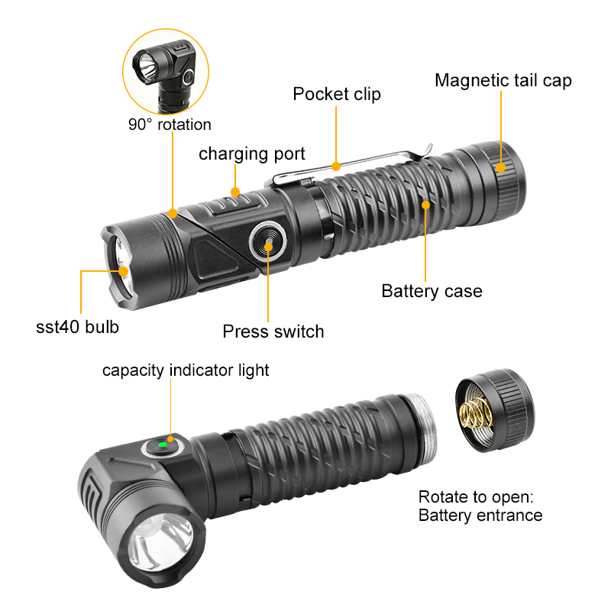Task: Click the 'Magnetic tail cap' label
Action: (x=503, y=80)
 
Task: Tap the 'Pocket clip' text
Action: (x=336, y=94)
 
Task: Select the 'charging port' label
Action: (x=252, y=154)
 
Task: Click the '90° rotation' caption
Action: (x=170, y=124)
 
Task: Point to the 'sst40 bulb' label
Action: (x=77, y=327)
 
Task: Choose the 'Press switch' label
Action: (x=273, y=331)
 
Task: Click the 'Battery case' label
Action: (x=432, y=291)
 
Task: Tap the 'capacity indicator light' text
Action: (x=186, y=370)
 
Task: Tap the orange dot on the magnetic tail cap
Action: (x=501, y=167)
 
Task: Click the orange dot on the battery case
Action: (x=425, y=204)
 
